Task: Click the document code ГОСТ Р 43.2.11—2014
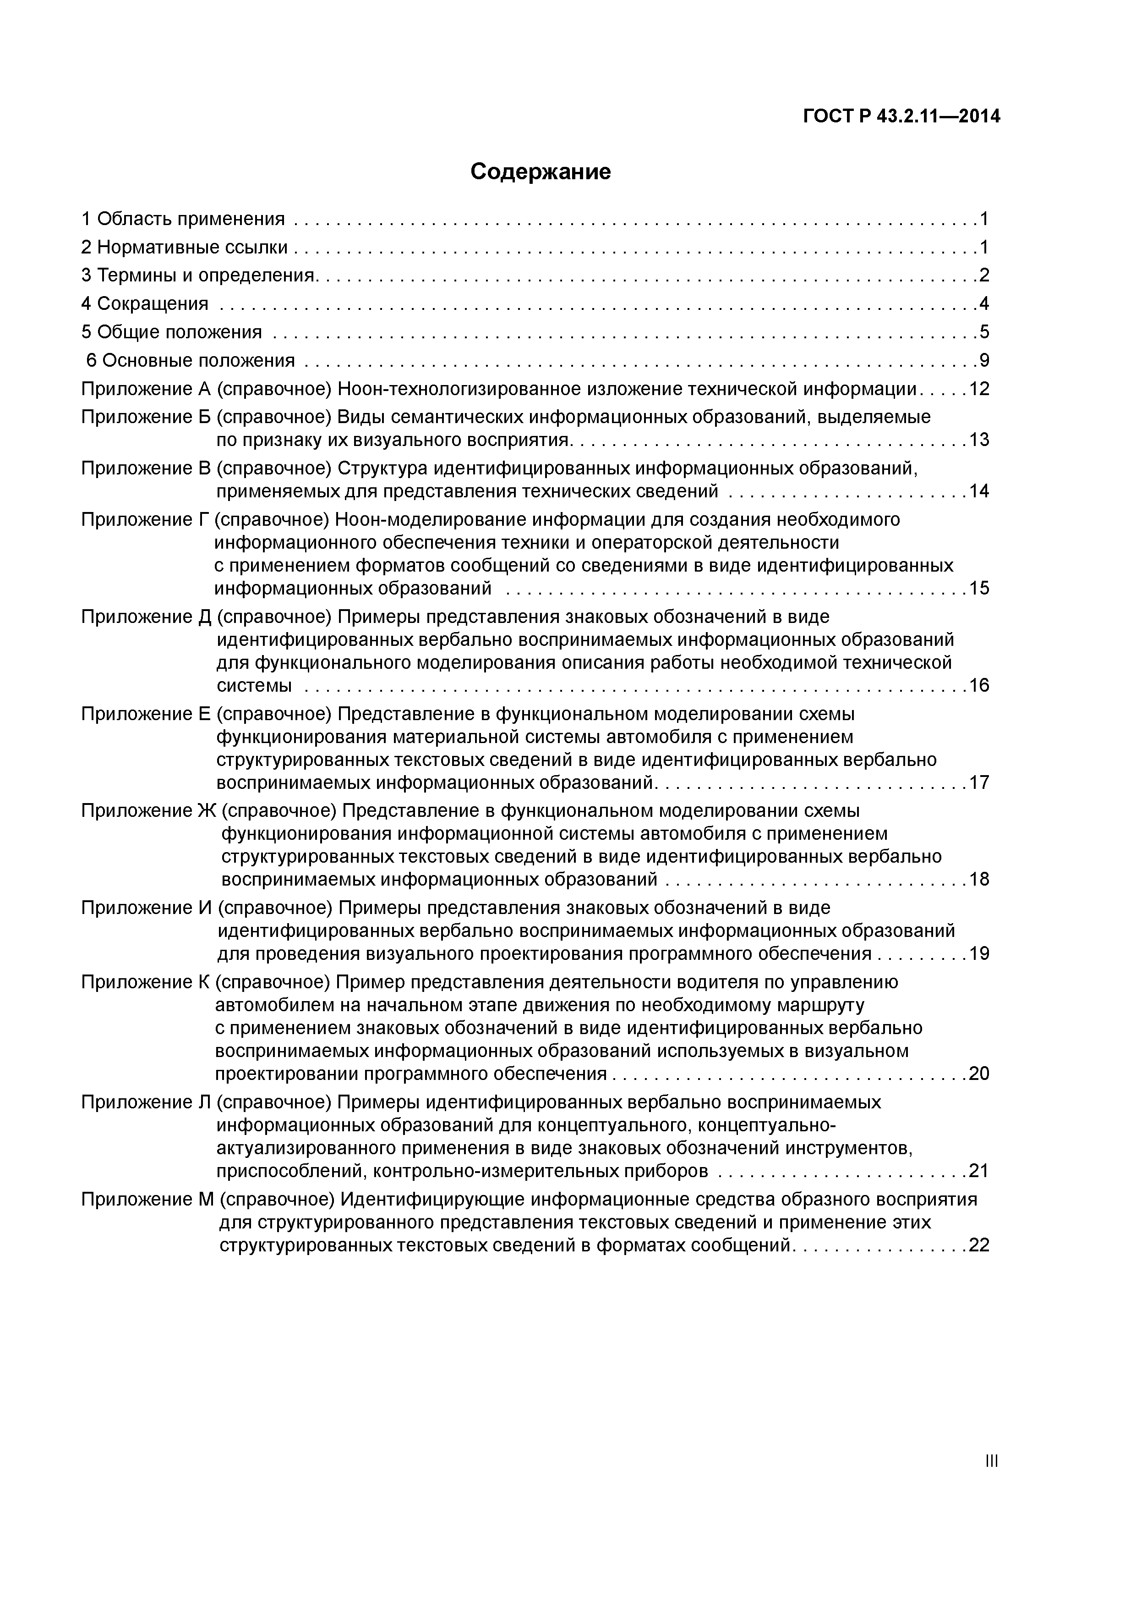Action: coord(901,117)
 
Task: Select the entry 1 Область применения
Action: coord(183,219)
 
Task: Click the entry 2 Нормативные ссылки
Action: coord(185,247)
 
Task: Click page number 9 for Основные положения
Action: coord(984,361)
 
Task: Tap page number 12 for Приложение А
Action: coord(979,389)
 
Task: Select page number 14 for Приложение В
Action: coord(979,491)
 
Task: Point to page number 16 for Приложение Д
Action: coord(979,685)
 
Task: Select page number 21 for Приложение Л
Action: coord(979,1170)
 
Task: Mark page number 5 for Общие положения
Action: coord(984,332)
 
